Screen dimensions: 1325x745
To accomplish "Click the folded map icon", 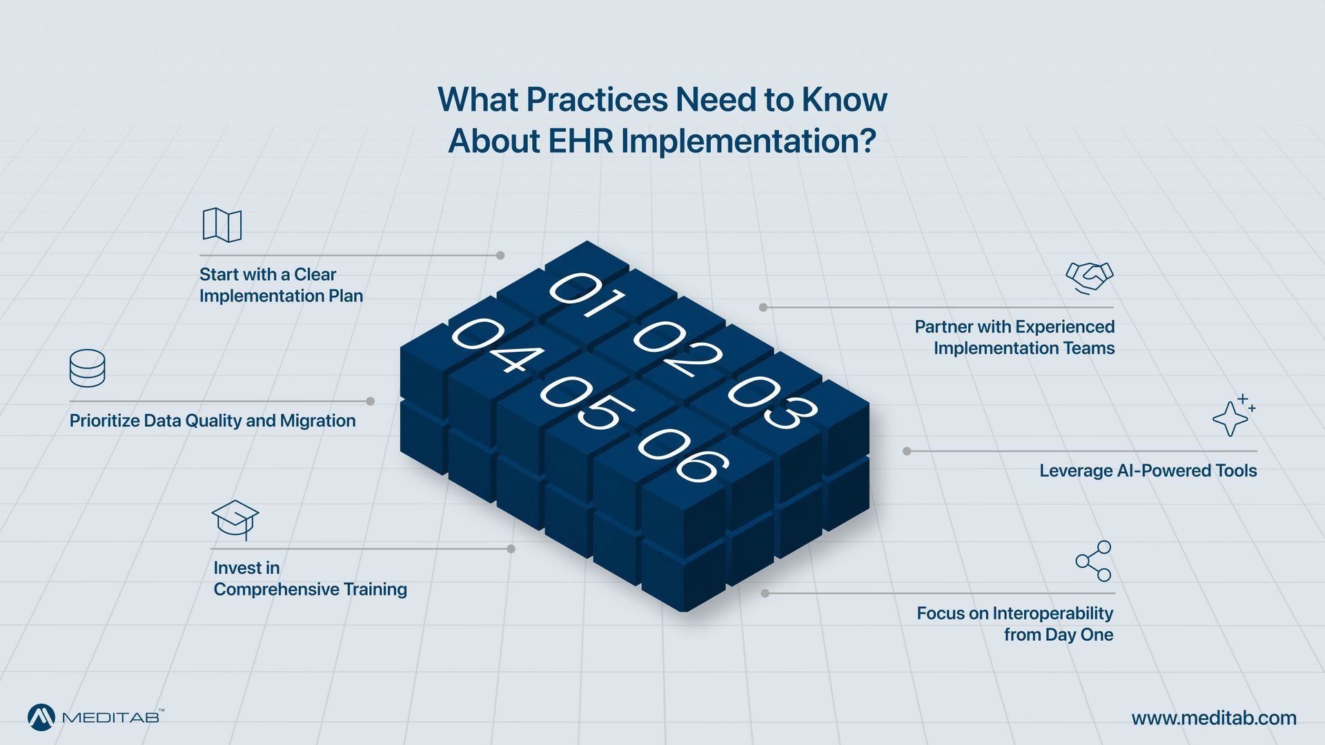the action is tap(222, 225).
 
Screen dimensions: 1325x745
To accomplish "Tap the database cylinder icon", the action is tap(88, 368).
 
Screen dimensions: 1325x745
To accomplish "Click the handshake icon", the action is tap(1090, 278).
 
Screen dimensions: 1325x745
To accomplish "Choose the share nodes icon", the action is tap(1094, 561).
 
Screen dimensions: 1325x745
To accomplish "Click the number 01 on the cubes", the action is tap(587, 295).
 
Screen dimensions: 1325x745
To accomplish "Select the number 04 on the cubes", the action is tap(497, 345).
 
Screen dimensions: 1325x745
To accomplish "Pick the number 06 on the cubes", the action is tap(683, 455).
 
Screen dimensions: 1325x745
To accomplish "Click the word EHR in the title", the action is tap(580, 141).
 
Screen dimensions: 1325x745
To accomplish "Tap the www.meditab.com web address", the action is tap(1214, 718).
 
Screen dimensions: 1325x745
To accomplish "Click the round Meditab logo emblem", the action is tap(41, 717).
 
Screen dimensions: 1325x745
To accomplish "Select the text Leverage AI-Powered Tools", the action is tap(1148, 470).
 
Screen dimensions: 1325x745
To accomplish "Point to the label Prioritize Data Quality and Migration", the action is tap(213, 421).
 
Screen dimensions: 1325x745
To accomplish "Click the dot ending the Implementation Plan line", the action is tap(500, 255).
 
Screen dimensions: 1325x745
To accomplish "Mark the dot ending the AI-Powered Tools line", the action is tap(907, 451).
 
